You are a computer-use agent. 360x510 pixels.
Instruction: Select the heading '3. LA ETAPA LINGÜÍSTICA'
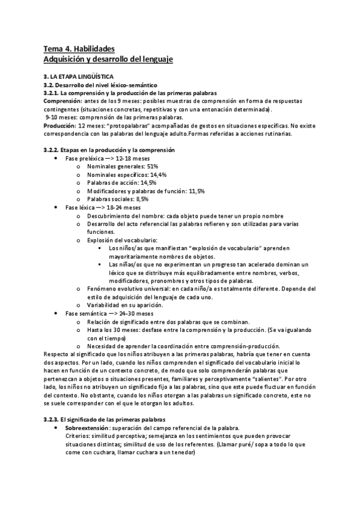(x=79, y=78)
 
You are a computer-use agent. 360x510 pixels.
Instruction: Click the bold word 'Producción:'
(x=59, y=126)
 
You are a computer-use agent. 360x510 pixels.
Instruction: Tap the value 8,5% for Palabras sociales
(x=142, y=199)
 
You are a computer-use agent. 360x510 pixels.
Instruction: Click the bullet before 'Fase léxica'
(x=55, y=207)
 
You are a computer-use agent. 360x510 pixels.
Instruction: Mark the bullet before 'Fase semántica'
(x=55, y=314)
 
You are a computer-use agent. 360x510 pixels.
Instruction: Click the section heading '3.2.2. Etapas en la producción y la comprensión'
(x=109, y=149)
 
